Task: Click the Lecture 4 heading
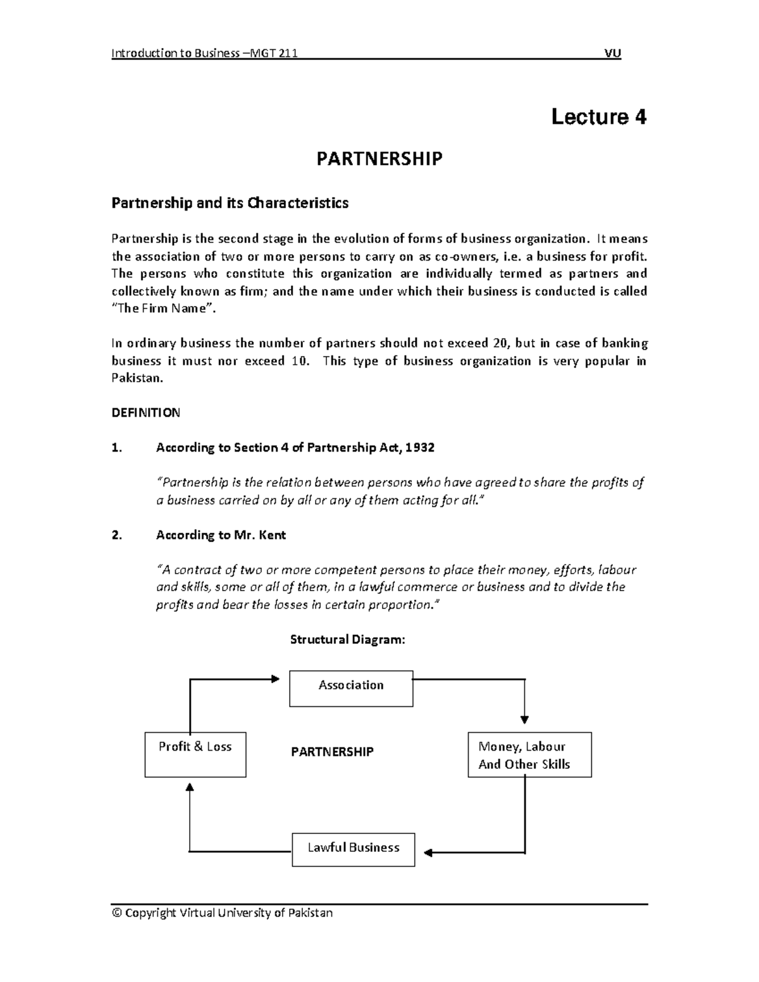tap(598, 117)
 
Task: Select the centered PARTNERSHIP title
tap(379, 159)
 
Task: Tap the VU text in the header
tap(612, 54)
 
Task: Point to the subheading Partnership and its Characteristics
tap(230, 203)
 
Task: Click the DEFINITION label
tap(145, 413)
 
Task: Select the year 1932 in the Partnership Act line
tap(420, 448)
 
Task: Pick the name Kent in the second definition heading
tap(273, 535)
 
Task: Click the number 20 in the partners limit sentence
tap(499, 343)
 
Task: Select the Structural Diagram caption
tap(347, 639)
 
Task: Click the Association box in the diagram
tap(351, 688)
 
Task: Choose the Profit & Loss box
tap(195, 754)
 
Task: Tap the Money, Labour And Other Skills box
tap(529, 754)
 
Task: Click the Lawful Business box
tap(353, 849)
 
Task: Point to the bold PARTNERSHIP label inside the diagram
tap(332, 752)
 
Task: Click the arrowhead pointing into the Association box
tap(275, 679)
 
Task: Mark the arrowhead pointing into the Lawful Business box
tap(428, 852)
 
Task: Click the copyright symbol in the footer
tap(116, 913)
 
